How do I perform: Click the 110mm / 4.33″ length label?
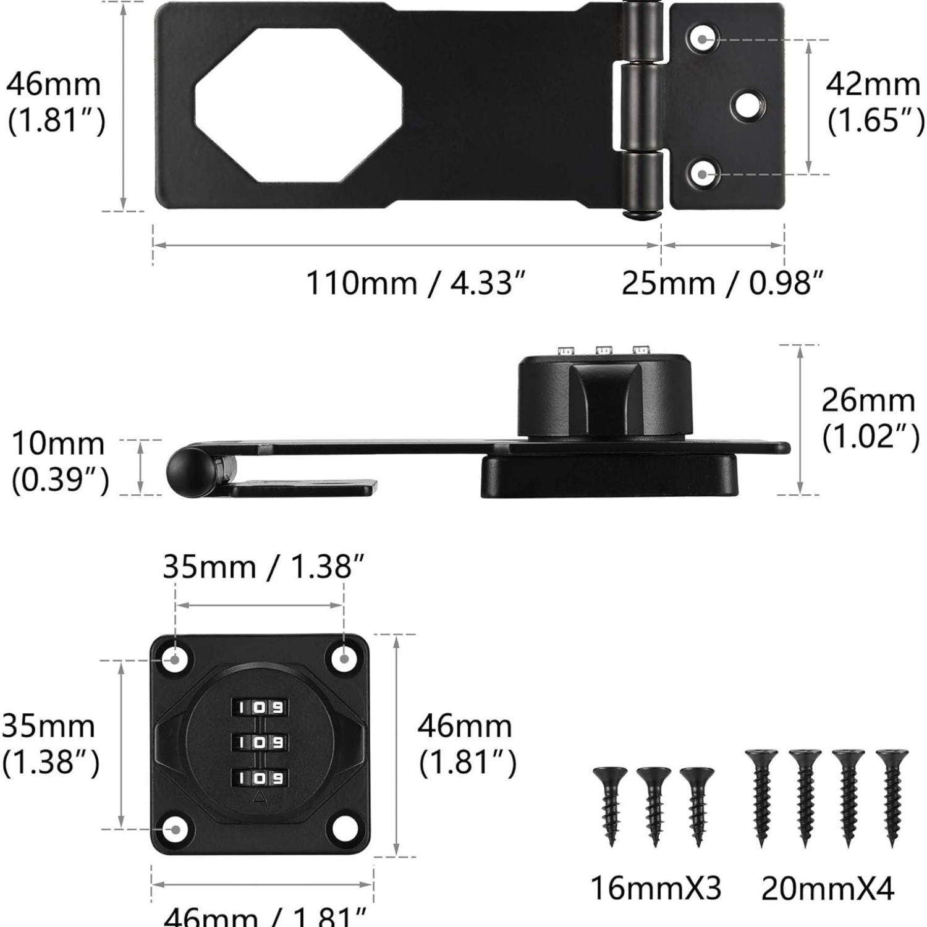pyautogui.click(x=415, y=284)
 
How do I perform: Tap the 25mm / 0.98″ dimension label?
pyautogui.click(x=722, y=284)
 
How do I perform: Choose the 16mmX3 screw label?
pyautogui.click(x=656, y=889)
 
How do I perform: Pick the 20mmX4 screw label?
pyautogui.click(x=828, y=889)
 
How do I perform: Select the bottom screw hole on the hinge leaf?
pyautogui.click(x=703, y=174)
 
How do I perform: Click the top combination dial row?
pyautogui.click(x=260, y=707)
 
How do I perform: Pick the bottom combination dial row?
pyautogui.click(x=260, y=777)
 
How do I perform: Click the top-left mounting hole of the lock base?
pyautogui.click(x=175, y=659)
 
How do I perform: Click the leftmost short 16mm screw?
pyautogui.click(x=610, y=803)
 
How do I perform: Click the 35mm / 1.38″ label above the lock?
pyautogui.click(x=263, y=566)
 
